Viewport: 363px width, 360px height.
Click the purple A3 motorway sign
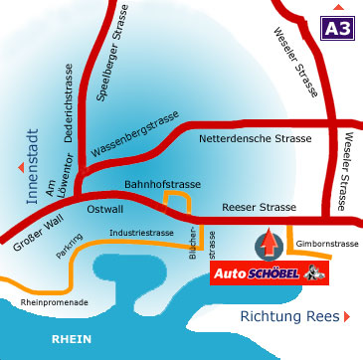(x=335, y=28)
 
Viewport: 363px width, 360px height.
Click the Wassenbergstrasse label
(x=134, y=136)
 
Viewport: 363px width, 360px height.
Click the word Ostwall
(x=104, y=210)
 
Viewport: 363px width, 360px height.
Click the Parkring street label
(x=69, y=249)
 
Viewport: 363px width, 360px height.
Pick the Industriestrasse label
(x=142, y=233)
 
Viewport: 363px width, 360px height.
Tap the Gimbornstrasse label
(x=325, y=243)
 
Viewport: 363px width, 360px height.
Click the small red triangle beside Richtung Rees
(x=347, y=316)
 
